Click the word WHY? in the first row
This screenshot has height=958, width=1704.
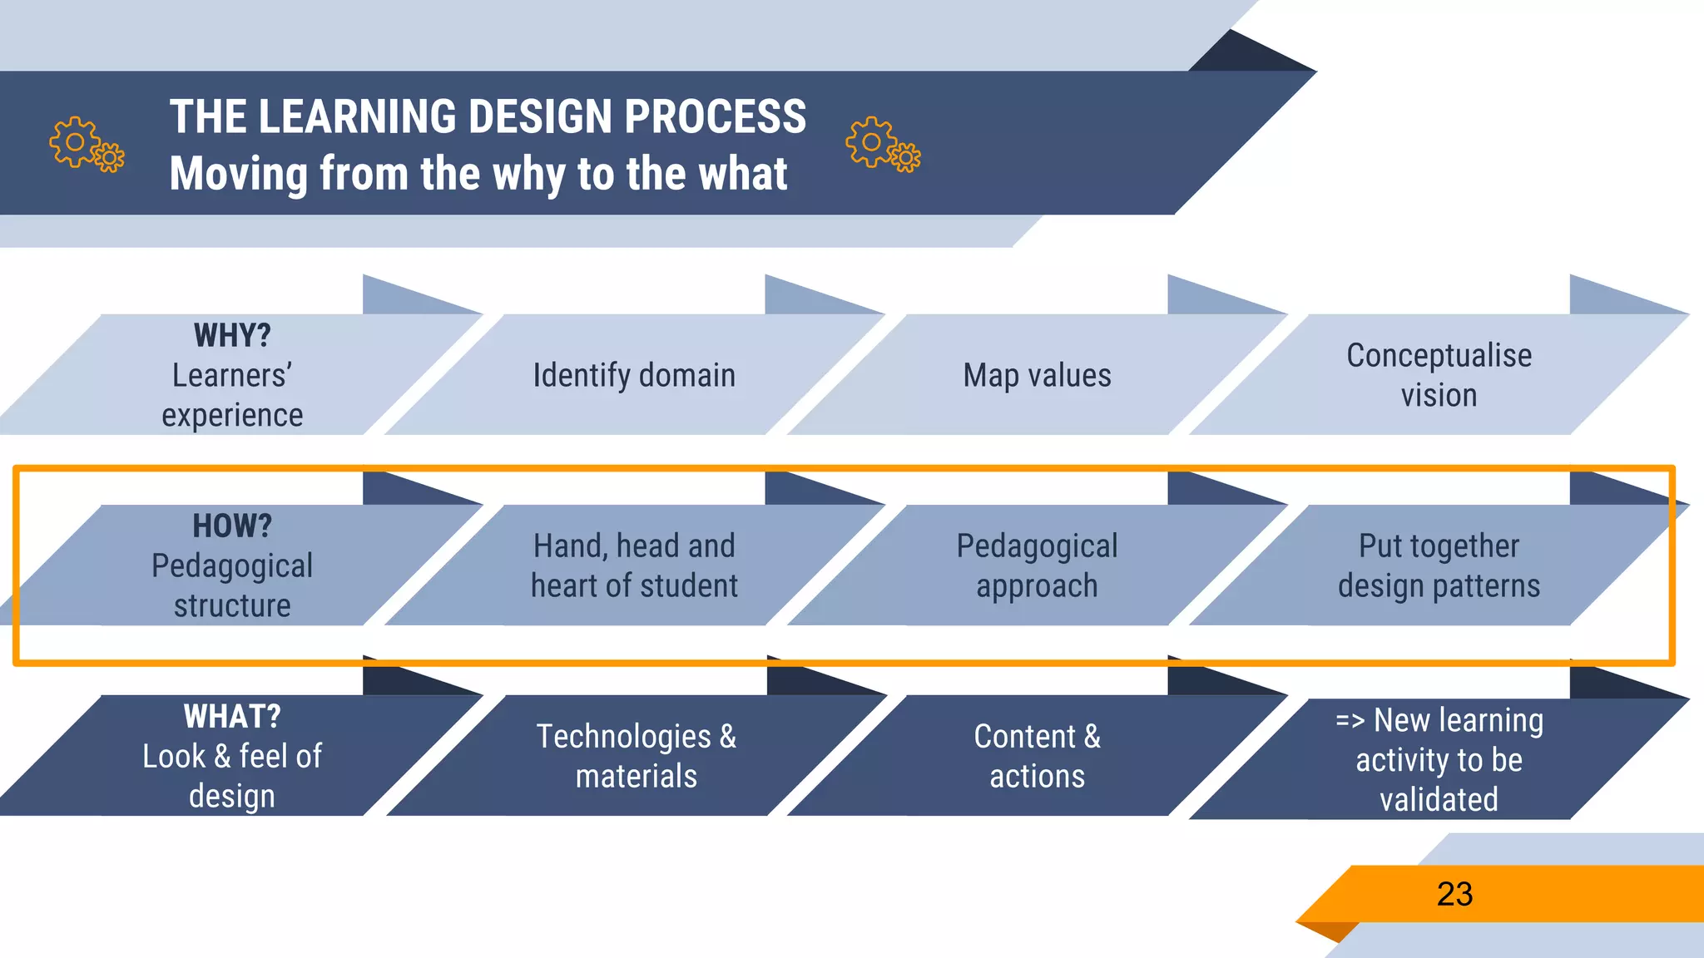coord(232,335)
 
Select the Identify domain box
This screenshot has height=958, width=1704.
coord(634,375)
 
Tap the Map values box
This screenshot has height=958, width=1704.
coord(1037,375)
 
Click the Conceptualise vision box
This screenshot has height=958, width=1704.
coord(1439,375)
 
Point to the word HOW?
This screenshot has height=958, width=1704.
coord(232,526)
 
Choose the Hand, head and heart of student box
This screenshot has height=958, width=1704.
coord(634,565)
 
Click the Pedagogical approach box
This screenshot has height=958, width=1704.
coord(1037,565)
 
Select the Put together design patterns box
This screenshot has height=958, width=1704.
coord(1439,565)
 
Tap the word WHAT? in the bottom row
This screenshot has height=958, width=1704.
coord(232,716)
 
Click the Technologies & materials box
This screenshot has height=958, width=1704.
coord(636,756)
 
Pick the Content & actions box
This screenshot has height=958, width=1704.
coord(1037,756)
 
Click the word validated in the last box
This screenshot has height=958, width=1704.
coord(1439,799)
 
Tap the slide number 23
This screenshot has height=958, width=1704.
coord(1454,894)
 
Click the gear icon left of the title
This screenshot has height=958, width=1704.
coord(86,144)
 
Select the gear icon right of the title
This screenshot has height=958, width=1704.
coord(882,144)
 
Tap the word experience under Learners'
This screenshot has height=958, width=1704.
coord(232,415)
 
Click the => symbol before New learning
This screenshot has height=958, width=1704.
coord(1350,720)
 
